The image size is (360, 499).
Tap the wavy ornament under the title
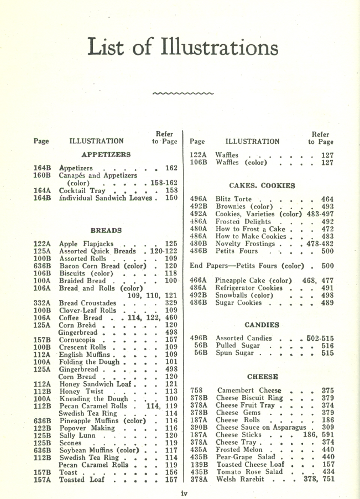point(182,93)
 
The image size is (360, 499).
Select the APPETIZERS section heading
point(106,155)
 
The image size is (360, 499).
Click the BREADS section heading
point(105,229)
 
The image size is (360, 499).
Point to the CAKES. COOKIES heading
point(262,185)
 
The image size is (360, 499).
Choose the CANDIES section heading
point(262,325)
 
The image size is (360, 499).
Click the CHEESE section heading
point(262,377)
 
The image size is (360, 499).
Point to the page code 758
point(197,391)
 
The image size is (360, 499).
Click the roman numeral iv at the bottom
point(185,492)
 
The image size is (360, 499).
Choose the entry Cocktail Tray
point(82,190)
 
